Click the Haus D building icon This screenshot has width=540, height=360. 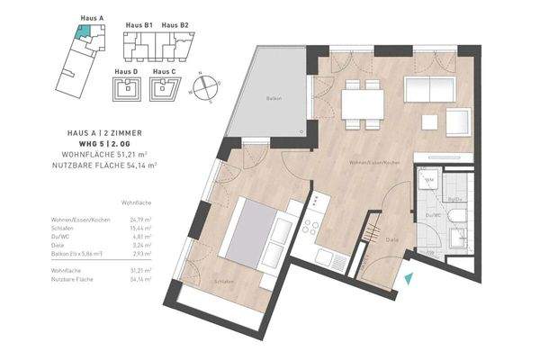[128, 87]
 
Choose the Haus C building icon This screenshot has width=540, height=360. [163, 87]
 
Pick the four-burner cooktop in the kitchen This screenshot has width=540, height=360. [313, 229]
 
